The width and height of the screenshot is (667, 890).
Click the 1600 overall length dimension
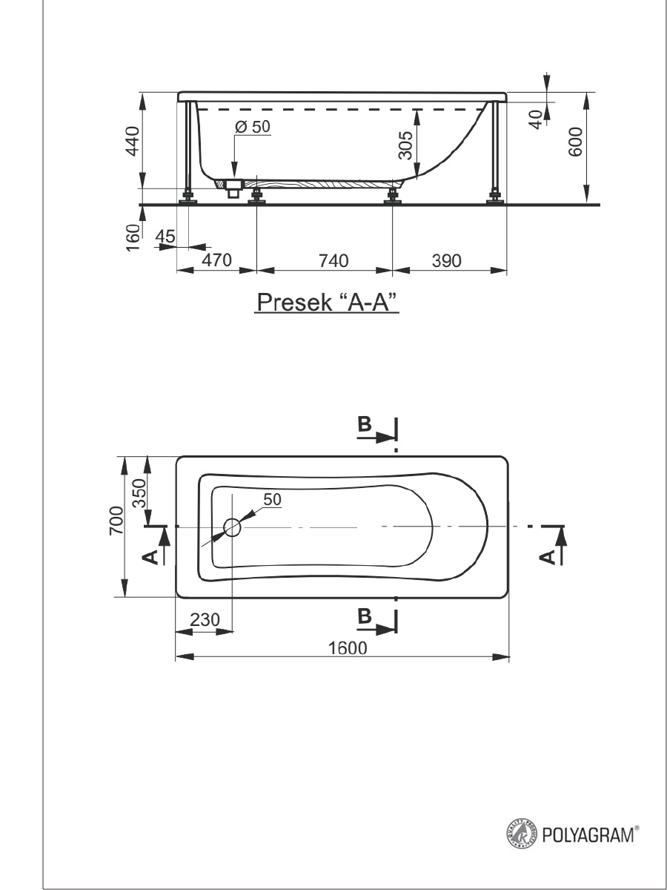tap(347, 648)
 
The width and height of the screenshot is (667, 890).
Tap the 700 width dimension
tap(116, 521)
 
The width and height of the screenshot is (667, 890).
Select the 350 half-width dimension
tap(139, 493)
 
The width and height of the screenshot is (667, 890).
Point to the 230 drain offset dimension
tap(205, 620)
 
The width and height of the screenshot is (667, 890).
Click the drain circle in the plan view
tap(232, 527)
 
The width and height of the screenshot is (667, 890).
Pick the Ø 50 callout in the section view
tap(252, 127)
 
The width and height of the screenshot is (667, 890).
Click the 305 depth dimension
tap(405, 145)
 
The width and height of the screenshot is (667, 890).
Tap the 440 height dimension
tap(133, 141)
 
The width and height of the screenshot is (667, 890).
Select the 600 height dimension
tap(575, 142)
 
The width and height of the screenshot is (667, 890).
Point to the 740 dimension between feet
tap(333, 261)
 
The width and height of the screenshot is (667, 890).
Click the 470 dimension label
tap(216, 260)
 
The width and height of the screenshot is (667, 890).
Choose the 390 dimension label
tap(446, 261)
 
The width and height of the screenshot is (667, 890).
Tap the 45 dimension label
tap(165, 236)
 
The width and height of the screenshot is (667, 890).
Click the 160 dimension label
tap(133, 237)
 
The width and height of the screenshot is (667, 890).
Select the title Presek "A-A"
tap(327, 303)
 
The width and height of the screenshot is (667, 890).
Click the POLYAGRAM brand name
tap(588, 835)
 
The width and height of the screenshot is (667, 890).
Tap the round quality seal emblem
tap(522, 834)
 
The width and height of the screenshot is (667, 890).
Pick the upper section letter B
tap(365, 424)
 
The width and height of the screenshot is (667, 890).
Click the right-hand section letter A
tap(547, 558)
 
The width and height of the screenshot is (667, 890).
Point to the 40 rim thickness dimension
tap(537, 119)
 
